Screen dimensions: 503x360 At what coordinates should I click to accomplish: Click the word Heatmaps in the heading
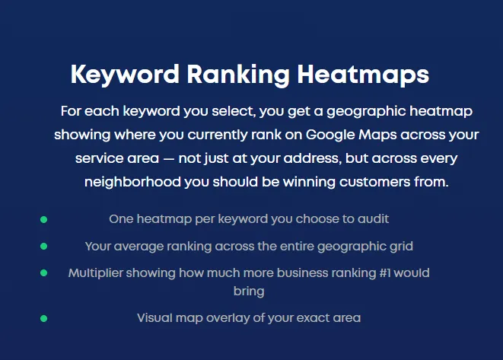pos(363,75)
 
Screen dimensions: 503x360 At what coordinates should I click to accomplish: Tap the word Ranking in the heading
pos(237,75)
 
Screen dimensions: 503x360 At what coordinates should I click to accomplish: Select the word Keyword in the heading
pos(125,75)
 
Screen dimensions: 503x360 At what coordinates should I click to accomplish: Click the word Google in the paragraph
pos(329,135)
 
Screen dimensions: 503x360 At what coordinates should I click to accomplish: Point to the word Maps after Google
pos(377,135)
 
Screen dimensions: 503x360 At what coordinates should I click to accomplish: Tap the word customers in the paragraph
pos(374,182)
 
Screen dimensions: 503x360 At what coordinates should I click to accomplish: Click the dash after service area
pos(168,159)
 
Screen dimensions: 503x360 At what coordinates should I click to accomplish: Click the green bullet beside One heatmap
pos(44,220)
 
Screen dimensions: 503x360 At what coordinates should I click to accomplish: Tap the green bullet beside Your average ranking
pos(44,247)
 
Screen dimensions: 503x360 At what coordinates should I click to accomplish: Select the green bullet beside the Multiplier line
pos(44,273)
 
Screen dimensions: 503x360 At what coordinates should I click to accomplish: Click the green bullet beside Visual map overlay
pos(44,319)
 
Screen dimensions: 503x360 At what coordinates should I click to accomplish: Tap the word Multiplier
pos(96,273)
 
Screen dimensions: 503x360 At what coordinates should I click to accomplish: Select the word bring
pos(249,292)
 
